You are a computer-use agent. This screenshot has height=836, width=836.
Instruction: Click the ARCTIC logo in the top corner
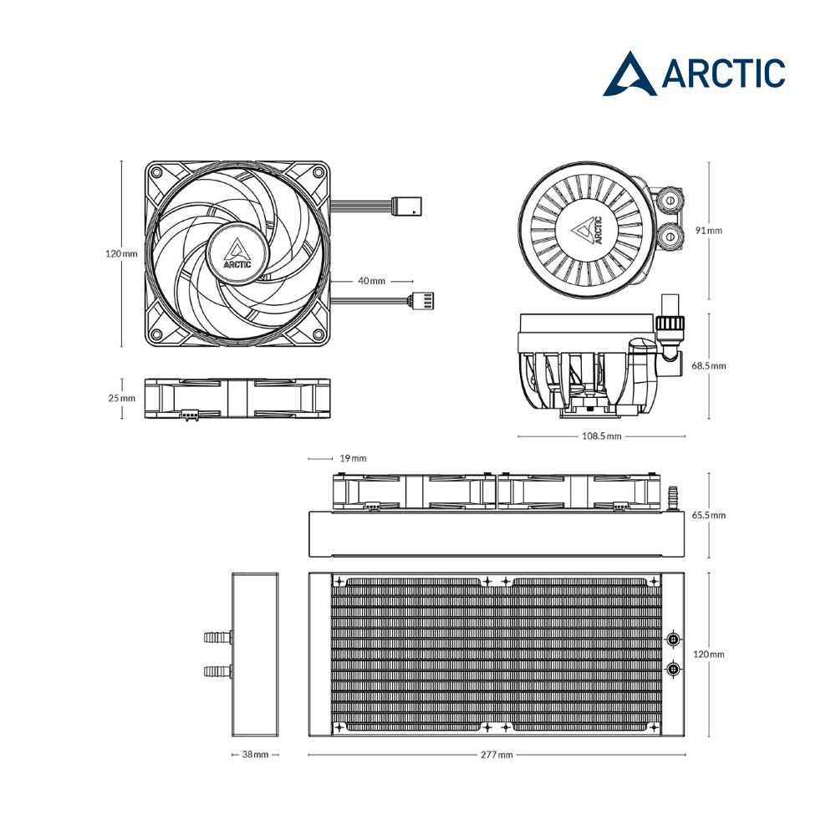694,74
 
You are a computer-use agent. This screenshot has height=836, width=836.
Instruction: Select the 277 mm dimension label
497,754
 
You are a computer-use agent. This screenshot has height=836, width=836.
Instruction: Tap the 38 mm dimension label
255,754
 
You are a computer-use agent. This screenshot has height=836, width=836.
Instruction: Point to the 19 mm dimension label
353,458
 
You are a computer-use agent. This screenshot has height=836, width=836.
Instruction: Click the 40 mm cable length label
371,281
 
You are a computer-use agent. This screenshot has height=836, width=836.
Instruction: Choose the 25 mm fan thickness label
121,398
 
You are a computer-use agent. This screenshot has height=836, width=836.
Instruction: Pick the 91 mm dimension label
709,231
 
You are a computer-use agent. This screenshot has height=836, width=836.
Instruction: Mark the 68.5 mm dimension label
709,366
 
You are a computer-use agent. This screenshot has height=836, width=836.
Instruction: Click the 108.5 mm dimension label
601,436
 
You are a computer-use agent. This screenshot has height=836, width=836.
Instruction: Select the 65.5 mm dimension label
709,515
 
